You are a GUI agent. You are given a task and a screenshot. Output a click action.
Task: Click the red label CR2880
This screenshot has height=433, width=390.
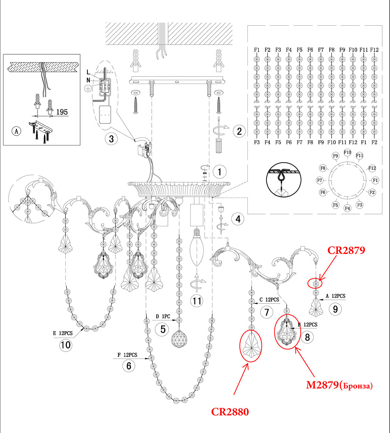click(x=230, y=412)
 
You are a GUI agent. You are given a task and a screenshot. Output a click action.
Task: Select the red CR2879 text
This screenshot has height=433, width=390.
click(x=346, y=250)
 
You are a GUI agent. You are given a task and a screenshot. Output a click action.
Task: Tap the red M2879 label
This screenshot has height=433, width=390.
click(x=339, y=385)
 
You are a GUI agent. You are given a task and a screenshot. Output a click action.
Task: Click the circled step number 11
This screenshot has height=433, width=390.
click(x=197, y=301)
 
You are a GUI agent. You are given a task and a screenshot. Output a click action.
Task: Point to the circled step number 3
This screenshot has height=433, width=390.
click(x=111, y=139)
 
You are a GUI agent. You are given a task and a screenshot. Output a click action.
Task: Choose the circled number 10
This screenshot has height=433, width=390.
click(x=66, y=345)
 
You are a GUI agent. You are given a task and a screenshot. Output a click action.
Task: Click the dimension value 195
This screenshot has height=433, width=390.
click(x=62, y=112)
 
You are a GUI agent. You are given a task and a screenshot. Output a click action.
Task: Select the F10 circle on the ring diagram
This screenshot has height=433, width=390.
click(x=347, y=152)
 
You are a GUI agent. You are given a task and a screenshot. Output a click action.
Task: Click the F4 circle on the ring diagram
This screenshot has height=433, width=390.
click(x=347, y=208)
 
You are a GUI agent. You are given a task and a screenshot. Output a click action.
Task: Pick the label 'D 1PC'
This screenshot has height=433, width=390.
click(x=163, y=316)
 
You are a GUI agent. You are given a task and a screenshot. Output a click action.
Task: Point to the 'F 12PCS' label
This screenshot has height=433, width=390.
click(x=127, y=355)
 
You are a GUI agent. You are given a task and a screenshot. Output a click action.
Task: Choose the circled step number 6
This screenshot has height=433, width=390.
click(x=129, y=366)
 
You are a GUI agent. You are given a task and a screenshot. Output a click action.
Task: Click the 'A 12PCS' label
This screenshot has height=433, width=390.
click(x=335, y=296)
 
